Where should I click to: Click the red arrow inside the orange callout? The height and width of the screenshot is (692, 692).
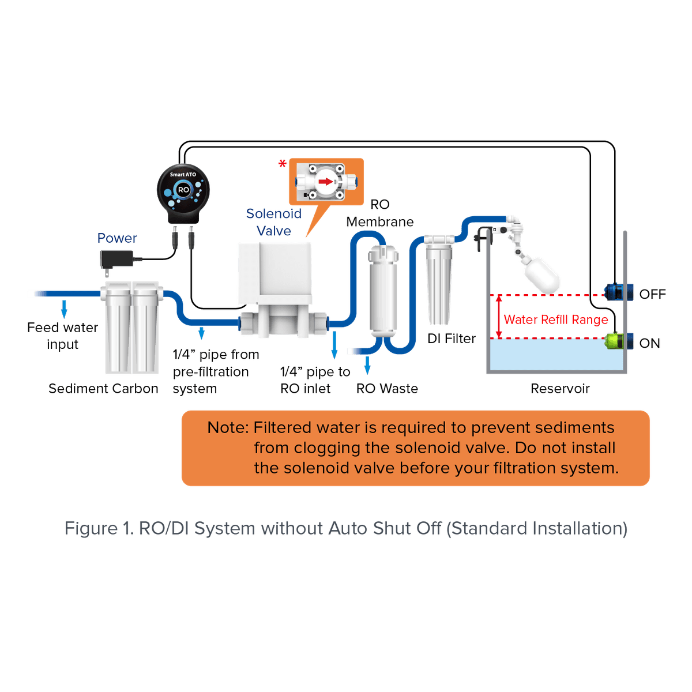(x=326, y=181)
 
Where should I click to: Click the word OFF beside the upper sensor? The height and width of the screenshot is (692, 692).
(x=653, y=294)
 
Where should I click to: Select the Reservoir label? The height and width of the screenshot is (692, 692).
(x=560, y=389)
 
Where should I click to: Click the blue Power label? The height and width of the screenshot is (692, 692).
(x=117, y=238)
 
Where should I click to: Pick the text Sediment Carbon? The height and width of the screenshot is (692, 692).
(x=103, y=389)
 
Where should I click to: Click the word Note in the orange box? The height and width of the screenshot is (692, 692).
(x=228, y=428)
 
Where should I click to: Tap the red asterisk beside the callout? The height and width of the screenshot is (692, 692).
(x=282, y=164)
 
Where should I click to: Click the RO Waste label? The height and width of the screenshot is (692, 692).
(x=387, y=389)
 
